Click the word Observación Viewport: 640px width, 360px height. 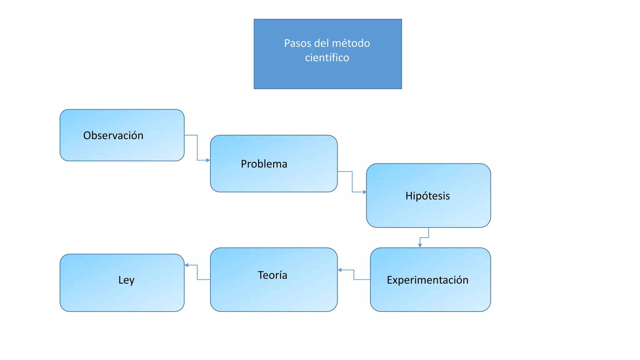click(113, 135)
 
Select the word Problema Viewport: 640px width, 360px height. click(264, 164)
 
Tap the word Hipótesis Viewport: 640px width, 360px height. click(427, 196)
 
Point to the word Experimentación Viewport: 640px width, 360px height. click(427, 280)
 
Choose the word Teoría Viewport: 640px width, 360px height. click(272, 275)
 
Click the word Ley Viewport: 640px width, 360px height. click(126, 280)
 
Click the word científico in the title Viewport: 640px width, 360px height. click(327, 57)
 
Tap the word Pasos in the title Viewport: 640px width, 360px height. click(298, 43)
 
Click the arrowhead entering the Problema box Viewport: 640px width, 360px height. click(208, 160)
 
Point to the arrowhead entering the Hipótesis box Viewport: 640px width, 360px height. click(364, 192)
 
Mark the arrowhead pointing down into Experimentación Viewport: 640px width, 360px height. click(420, 246)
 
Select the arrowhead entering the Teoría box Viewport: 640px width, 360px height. click(340, 270)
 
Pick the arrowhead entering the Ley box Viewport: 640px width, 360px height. click(187, 265)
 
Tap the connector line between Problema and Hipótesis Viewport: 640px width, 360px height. click(352, 181)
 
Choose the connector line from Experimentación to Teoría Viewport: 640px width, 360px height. click(354, 275)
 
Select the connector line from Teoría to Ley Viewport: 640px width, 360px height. click(197, 272)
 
